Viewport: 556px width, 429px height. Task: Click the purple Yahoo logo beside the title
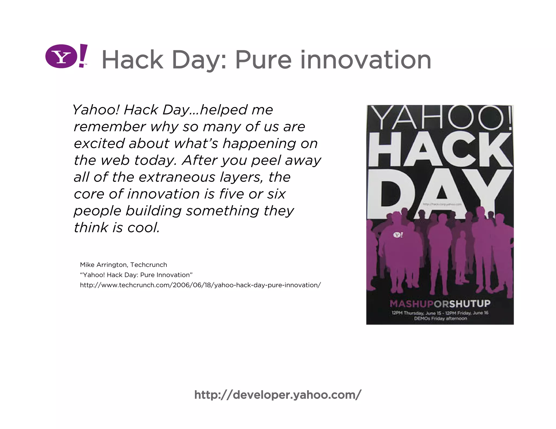(x=66, y=56)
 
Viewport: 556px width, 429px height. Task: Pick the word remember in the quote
(x=109, y=127)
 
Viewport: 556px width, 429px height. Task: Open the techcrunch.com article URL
(x=200, y=285)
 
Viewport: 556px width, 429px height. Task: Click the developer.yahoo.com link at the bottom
(x=278, y=395)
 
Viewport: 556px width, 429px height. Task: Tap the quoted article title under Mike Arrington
(x=136, y=275)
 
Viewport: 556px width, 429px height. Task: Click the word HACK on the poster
(x=440, y=150)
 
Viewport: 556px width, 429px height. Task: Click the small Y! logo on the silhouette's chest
(x=398, y=235)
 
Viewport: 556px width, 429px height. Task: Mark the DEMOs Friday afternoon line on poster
(x=440, y=318)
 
